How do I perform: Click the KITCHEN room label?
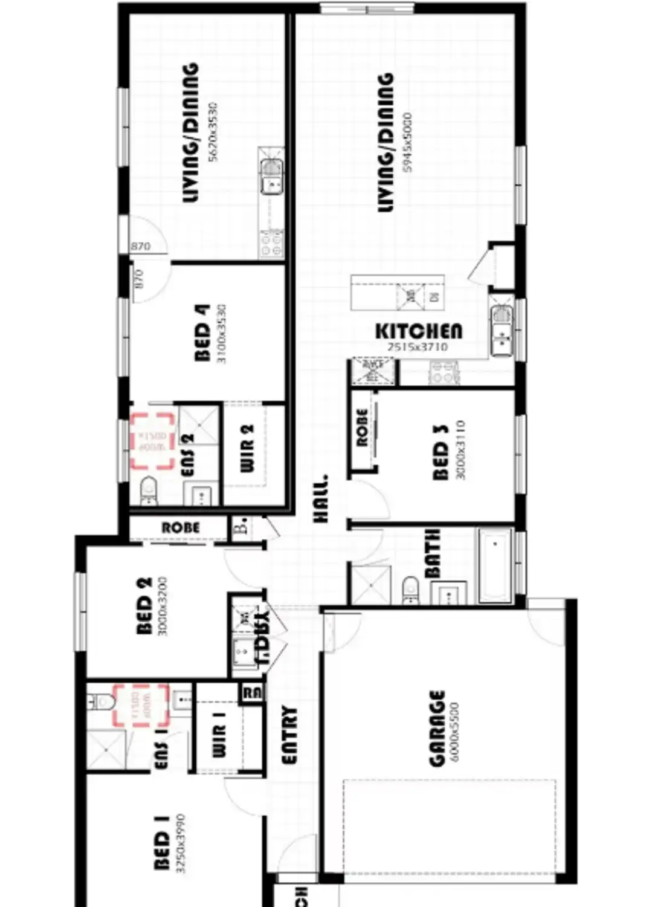click(x=418, y=331)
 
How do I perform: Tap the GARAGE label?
click(x=437, y=729)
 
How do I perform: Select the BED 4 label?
click(x=202, y=333)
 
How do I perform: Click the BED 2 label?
click(x=144, y=606)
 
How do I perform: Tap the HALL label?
click(x=321, y=498)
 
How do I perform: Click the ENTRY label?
click(x=290, y=735)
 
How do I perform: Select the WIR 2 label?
click(x=248, y=448)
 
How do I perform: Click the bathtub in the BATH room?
click(x=495, y=565)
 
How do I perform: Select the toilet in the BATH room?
click(x=410, y=589)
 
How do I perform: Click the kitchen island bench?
click(x=398, y=293)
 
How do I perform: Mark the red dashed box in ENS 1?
click(x=141, y=705)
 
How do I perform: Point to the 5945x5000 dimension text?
click(x=407, y=142)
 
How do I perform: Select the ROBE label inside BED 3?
click(x=362, y=427)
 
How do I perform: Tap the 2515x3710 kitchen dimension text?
click(x=418, y=347)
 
